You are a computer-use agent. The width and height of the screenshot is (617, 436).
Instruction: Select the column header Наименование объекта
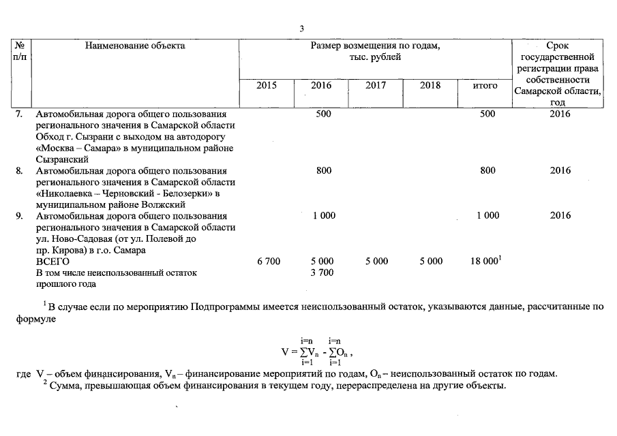click(x=135, y=46)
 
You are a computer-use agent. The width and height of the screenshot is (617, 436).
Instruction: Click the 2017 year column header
click(x=375, y=86)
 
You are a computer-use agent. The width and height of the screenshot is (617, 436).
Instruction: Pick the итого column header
click(x=485, y=86)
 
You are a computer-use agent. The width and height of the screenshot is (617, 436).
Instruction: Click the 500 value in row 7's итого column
click(x=487, y=114)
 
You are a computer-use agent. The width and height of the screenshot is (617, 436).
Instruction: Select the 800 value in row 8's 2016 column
click(x=324, y=171)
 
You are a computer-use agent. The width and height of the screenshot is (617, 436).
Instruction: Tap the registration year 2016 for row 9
click(x=559, y=216)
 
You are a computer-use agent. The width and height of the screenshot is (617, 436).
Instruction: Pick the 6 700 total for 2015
click(x=269, y=262)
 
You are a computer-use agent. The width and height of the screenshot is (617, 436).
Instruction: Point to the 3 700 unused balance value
click(x=322, y=272)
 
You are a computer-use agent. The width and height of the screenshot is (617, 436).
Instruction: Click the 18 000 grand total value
click(x=485, y=262)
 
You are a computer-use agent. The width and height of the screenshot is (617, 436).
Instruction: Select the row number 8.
click(x=19, y=171)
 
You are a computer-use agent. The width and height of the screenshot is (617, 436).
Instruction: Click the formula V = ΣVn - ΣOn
click(x=318, y=352)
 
